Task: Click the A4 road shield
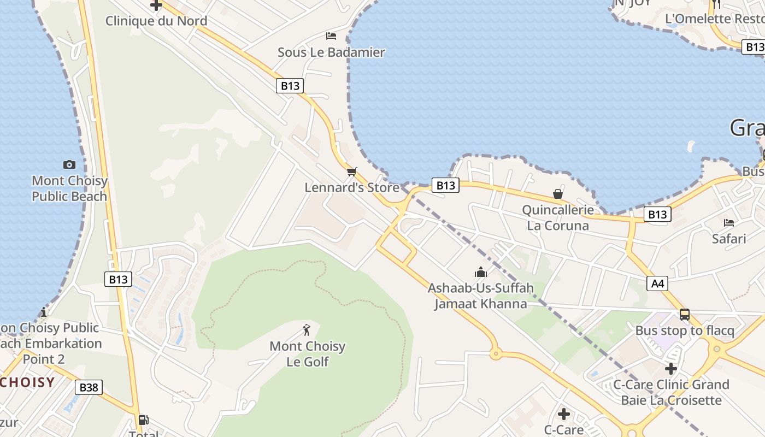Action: click(x=658, y=284)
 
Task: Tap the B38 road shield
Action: click(x=89, y=387)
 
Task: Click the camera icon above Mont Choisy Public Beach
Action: click(x=69, y=164)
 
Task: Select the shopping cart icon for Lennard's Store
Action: click(x=352, y=172)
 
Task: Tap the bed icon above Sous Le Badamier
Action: click(x=331, y=36)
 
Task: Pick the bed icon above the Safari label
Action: click(x=729, y=222)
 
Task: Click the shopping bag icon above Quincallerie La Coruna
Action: click(x=557, y=194)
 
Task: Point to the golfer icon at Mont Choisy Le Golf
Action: click(x=307, y=330)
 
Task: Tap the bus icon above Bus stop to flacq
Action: click(x=685, y=315)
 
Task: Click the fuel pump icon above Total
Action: click(x=143, y=420)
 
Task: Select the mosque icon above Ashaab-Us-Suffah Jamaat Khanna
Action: click(x=481, y=272)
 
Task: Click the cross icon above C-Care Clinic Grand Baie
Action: click(x=671, y=369)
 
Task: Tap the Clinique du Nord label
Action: click(x=156, y=21)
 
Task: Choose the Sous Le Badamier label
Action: click(x=331, y=52)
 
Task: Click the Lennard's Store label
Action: click(x=352, y=187)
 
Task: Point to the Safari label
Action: click(x=729, y=239)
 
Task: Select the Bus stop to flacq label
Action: click(x=685, y=330)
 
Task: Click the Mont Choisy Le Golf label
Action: click(x=308, y=353)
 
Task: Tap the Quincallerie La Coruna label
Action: click(x=557, y=217)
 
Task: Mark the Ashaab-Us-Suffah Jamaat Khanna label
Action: click(x=481, y=296)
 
